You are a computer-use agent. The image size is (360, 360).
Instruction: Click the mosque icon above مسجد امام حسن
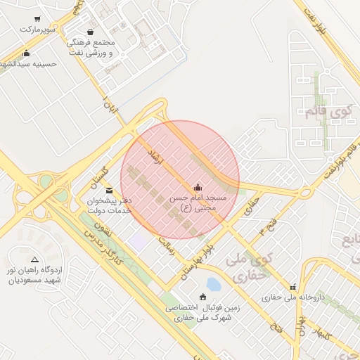[198, 187]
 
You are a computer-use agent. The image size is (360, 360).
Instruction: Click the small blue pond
[213, 284]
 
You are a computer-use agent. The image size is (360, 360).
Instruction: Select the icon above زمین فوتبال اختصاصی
[203, 297]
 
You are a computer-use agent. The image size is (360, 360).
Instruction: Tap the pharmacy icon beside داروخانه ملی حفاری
[293, 286]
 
